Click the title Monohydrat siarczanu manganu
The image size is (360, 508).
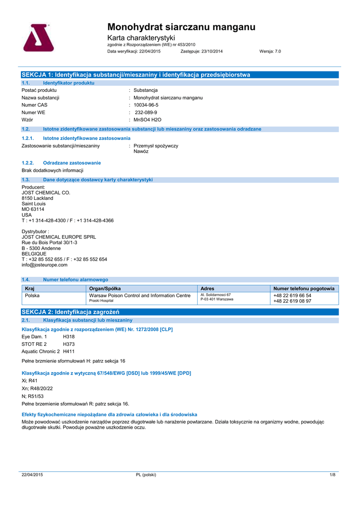[181, 27]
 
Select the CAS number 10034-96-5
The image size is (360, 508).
[146, 105]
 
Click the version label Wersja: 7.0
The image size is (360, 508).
[270, 51]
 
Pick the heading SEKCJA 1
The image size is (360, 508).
[136, 74]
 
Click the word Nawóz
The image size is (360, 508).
[141, 151]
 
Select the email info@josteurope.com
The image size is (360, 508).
[45, 265]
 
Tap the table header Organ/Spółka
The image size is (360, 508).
[105, 288]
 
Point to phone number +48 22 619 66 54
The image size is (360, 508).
[292, 295]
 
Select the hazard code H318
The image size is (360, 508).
[69, 336]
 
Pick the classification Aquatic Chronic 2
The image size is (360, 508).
[41, 351]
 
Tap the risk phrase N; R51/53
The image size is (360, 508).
[33, 396]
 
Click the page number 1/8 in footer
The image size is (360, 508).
[333, 475]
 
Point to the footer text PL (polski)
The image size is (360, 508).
[146, 475]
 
